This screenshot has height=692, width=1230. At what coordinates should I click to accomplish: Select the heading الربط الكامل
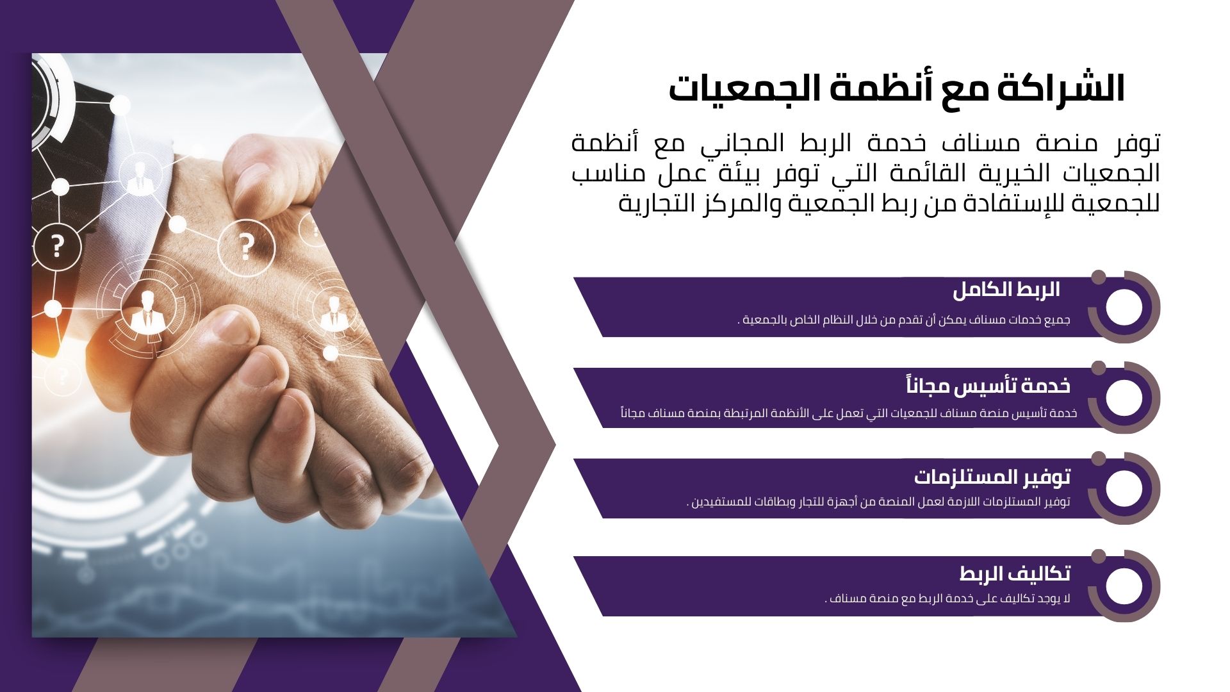(1006, 290)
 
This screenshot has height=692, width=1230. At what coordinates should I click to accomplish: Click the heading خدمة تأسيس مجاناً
(988, 386)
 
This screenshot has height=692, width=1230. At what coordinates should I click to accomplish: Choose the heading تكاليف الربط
(1015, 573)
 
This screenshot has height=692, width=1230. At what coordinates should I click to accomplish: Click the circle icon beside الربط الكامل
(1124, 307)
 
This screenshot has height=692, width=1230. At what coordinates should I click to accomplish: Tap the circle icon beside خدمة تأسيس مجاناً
(1124, 398)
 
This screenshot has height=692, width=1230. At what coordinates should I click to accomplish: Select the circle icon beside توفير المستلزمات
(1124, 488)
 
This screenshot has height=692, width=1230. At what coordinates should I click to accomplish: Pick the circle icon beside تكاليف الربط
(1124, 586)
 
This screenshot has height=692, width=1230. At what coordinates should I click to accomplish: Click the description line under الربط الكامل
(904, 320)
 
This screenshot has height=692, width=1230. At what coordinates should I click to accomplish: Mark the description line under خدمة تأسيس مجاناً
(849, 413)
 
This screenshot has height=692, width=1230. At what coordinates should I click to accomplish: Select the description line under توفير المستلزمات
(878, 502)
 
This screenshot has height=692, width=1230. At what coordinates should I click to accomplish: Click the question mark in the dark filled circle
(58, 245)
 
